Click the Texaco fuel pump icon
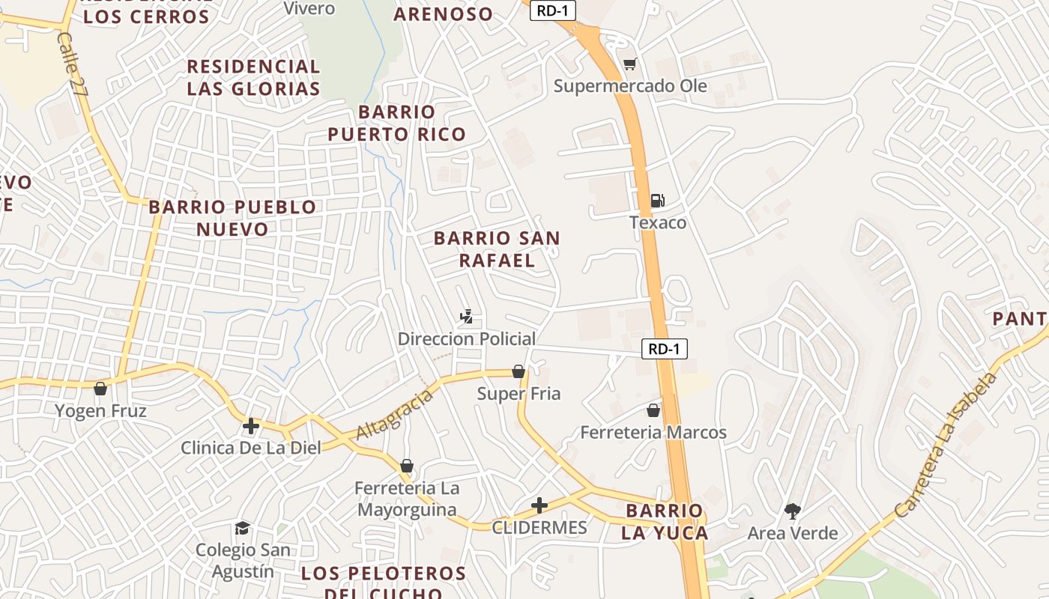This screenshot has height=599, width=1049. (x=657, y=200)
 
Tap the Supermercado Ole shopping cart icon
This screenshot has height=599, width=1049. (x=630, y=64)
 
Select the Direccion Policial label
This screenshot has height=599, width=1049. (x=466, y=338)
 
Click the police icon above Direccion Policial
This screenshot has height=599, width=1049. (x=466, y=317)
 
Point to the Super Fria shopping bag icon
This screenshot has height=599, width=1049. (x=518, y=371)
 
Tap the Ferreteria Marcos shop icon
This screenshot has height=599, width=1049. (x=653, y=410)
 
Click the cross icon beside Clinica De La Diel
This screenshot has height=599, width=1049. (x=251, y=427)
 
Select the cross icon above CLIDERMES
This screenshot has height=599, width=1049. (x=539, y=505)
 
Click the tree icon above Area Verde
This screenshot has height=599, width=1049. (x=792, y=511)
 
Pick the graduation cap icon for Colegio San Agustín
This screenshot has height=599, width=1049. (x=242, y=529)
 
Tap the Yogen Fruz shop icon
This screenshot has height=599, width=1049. (x=100, y=389)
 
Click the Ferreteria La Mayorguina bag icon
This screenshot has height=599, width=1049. (x=407, y=466)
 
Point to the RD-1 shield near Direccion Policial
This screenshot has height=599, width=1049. (x=664, y=348)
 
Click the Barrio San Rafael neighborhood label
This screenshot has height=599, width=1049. (x=497, y=249)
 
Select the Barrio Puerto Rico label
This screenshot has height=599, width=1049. (x=396, y=123)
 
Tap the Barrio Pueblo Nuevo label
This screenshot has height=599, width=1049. (x=232, y=217)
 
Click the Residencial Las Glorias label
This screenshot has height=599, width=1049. (x=253, y=77)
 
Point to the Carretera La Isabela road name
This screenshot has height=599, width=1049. (x=947, y=445)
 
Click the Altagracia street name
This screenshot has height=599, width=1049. (x=394, y=414)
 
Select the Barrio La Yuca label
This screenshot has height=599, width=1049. (x=665, y=522)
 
